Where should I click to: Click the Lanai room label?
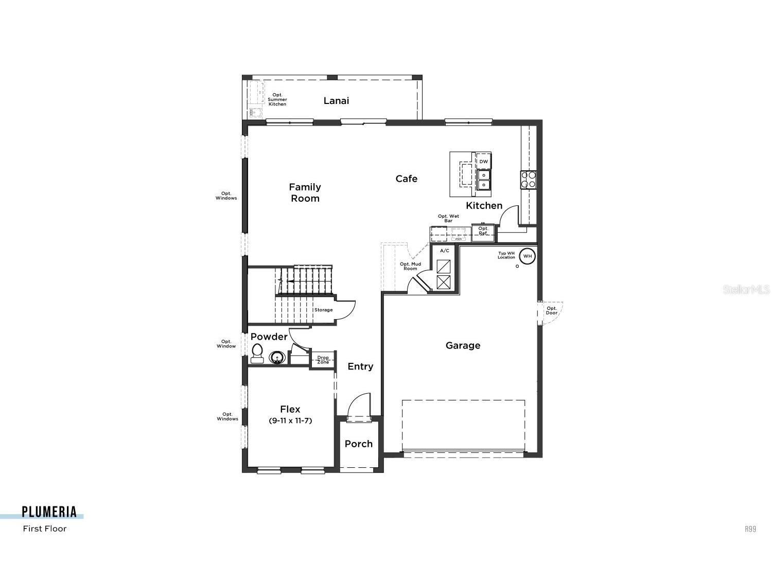[336, 101]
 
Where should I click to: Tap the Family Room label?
[305, 192]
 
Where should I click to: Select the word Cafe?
[406, 179]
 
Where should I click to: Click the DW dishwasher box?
[483, 162]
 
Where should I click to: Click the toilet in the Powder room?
[257, 354]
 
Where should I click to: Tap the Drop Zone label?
[323, 360]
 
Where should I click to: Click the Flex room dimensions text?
[290, 420]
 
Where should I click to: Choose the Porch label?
[359, 444]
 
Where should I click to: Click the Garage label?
[463, 345]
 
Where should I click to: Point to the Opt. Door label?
[552, 311]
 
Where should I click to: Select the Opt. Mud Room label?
[410, 266]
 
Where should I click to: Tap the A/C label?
[444, 251]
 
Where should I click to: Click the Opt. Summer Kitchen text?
[277, 99]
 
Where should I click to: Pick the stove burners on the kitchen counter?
[528, 179]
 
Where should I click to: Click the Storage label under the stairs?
[324, 310]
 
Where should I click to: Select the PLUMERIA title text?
[49, 512]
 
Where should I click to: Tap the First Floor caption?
[45, 529]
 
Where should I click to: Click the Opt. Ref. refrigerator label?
[483, 231]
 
